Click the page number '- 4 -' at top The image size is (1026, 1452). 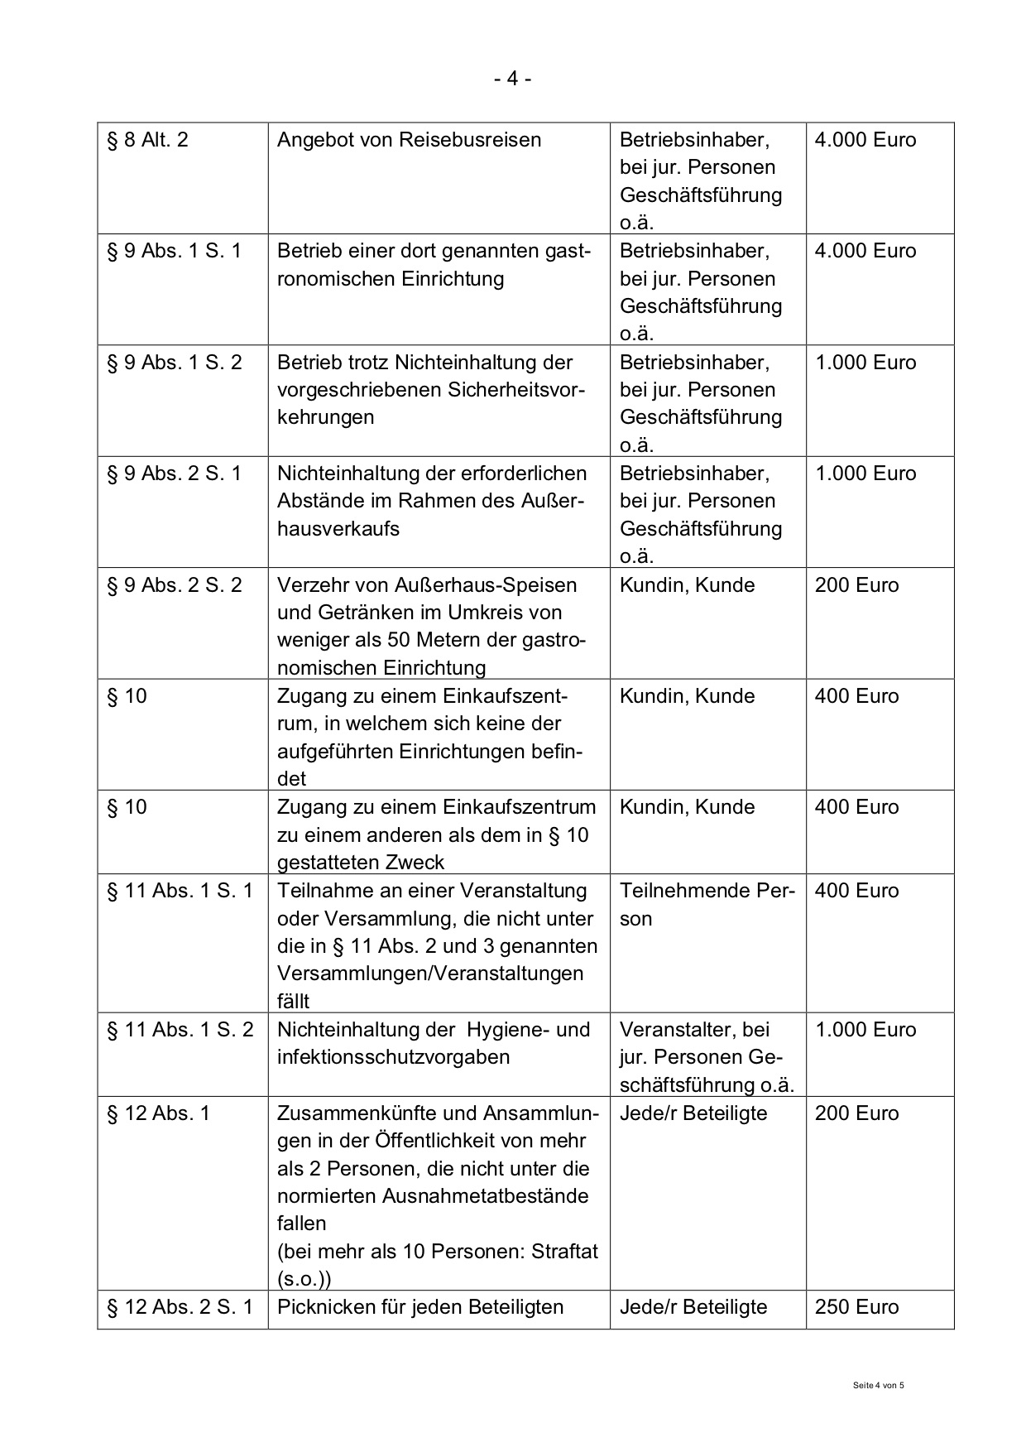[512, 79]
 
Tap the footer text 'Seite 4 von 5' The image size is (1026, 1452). [878, 1385]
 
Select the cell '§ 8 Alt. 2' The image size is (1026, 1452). [148, 140]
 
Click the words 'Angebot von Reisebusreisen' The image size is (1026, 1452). [409, 140]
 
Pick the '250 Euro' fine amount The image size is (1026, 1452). [856, 1307]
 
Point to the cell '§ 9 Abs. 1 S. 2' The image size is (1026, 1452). [175, 363]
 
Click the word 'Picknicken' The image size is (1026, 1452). [325, 1307]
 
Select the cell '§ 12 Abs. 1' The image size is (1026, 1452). [159, 1113]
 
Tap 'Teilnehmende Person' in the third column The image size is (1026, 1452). [707, 904]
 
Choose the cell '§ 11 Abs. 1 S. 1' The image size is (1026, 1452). [180, 891]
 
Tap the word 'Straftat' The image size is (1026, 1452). [564, 1252]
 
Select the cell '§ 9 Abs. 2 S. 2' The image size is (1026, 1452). [175, 585]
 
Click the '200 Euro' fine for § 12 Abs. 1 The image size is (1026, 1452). [856, 1113]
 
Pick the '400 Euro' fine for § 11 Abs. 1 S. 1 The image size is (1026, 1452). [856, 891]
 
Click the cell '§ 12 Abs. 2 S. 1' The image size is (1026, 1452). [180, 1307]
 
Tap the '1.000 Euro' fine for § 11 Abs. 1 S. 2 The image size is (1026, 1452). [865, 1030]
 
